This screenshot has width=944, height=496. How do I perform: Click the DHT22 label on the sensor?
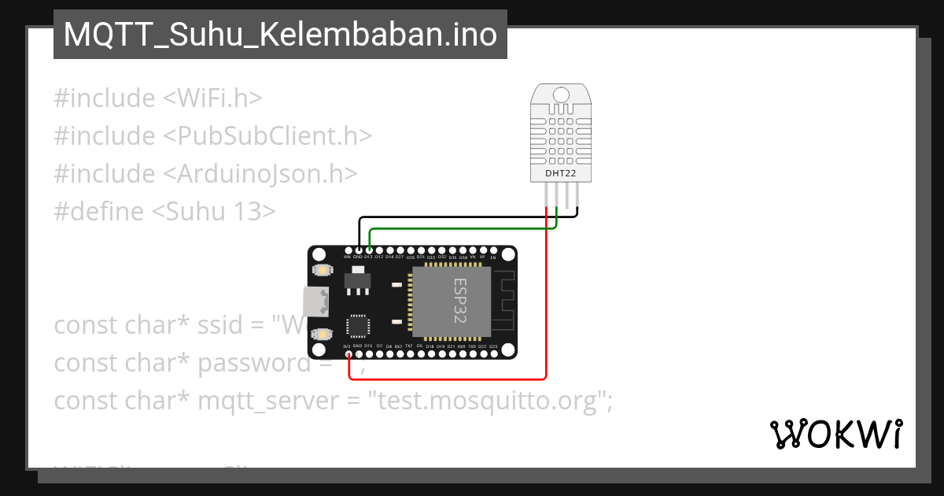tap(560, 172)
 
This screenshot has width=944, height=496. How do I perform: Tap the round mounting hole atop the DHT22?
tap(560, 95)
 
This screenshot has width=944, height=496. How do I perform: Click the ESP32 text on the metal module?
tap(459, 300)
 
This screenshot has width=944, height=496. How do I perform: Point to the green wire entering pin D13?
tap(456, 229)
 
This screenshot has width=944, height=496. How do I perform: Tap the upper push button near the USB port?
tap(322, 270)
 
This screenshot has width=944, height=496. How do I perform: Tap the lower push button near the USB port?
tap(322, 334)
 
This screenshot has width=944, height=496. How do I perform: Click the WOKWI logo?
tap(835, 434)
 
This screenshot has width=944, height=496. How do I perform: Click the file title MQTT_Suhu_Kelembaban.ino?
tap(280, 35)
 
